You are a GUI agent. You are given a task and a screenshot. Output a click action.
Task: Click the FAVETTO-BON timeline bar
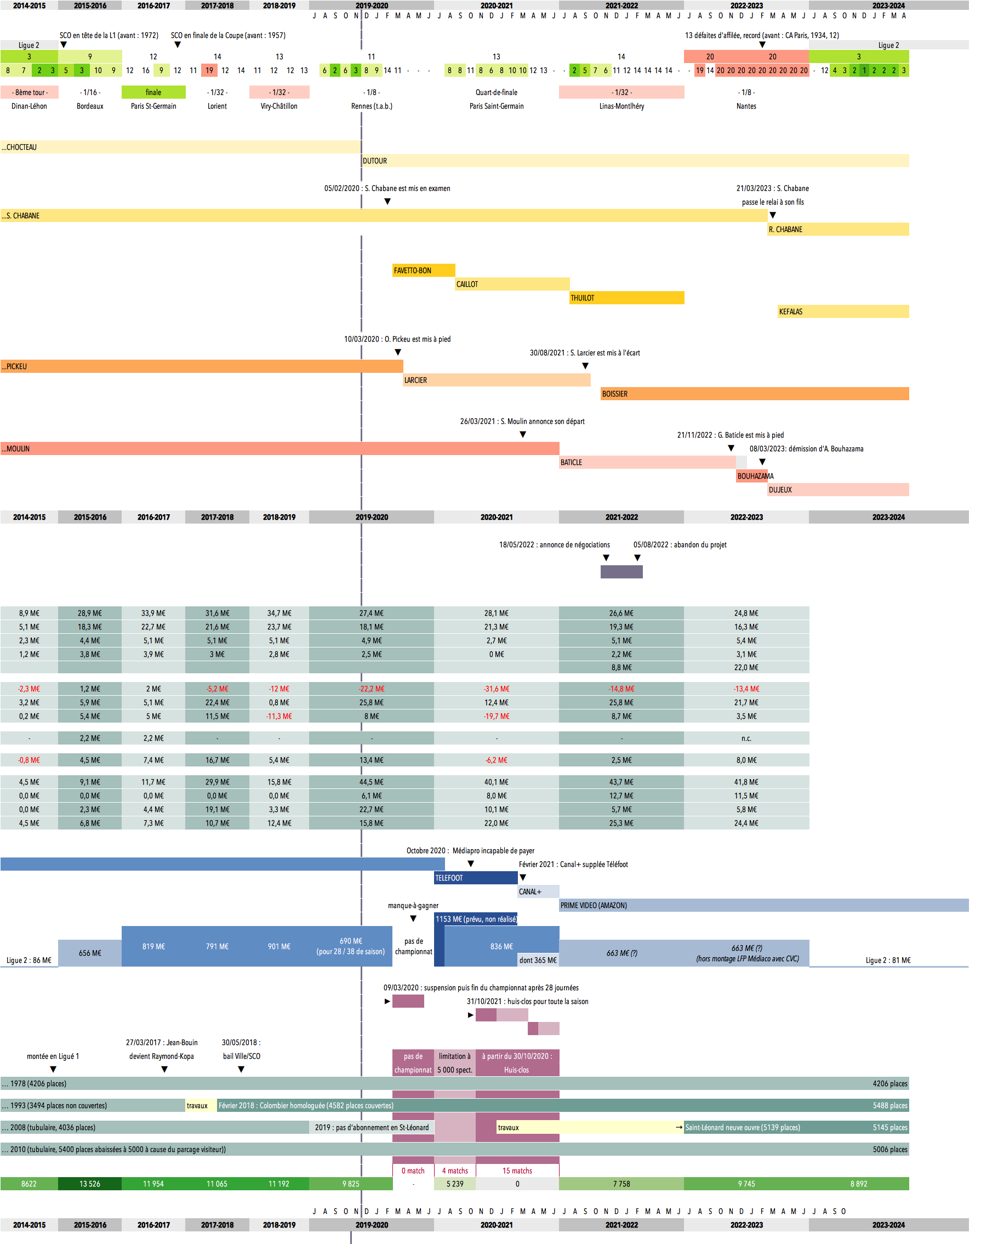(x=424, y=271)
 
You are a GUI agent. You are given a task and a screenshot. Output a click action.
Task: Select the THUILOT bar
(x=626, y=298)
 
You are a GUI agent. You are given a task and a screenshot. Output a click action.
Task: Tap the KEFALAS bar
(x=843, y=311)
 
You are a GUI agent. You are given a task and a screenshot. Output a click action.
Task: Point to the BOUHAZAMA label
(x=755, y=476)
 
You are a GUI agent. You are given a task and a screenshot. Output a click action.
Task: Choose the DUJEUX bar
(x=838, y=490)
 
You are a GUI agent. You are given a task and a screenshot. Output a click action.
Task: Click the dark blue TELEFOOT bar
(x=475, y=878)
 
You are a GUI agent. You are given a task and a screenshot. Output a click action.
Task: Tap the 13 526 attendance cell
(x=89, y=1183)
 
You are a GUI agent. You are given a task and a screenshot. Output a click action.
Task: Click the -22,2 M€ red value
(x=371, y=689)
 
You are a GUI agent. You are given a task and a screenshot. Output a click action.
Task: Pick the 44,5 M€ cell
(x=371, y=782)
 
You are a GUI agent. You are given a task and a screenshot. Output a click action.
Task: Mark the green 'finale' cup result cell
(x=153, y=92)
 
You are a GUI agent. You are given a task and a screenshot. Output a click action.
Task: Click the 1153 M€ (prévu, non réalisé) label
(x=476, y=919)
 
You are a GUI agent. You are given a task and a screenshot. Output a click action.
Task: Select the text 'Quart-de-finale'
(x=496, y=92)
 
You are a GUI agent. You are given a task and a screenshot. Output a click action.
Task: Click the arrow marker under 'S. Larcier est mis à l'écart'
(x=585, y=366)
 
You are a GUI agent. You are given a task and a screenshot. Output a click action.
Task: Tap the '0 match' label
(x=413, y=1171)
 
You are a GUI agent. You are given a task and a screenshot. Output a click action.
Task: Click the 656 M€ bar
(x=89, y=953)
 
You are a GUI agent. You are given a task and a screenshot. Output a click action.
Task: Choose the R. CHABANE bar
(x=838, y=230)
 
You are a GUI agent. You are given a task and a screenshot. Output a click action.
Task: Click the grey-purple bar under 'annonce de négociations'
(x=621, y=572)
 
